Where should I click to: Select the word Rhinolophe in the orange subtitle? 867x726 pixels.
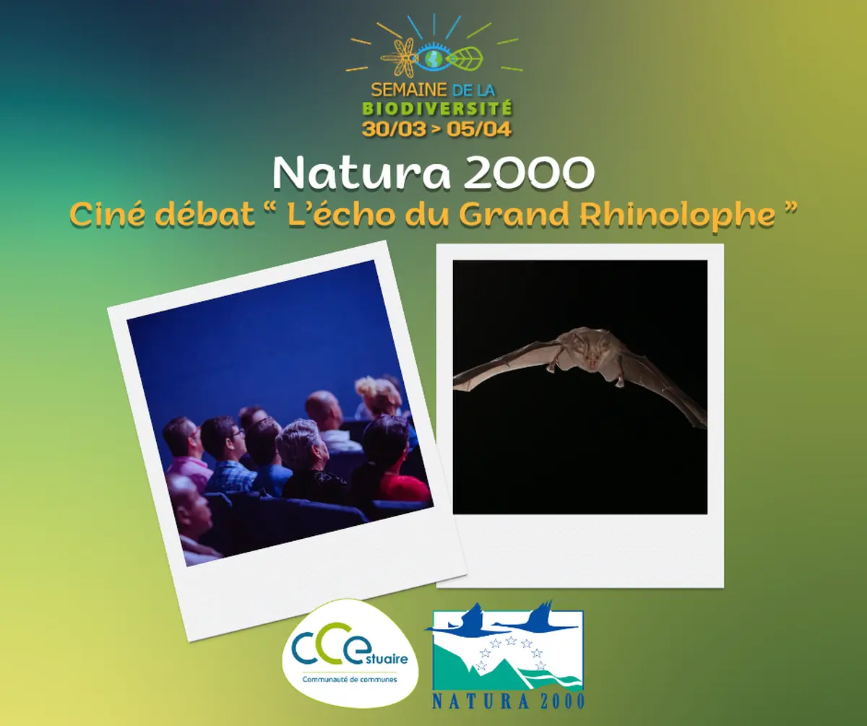click(x=706, y=215)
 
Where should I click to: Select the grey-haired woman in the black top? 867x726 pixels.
click(x=307, y=462)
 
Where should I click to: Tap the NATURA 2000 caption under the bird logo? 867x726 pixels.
click(x=508, y=700)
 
